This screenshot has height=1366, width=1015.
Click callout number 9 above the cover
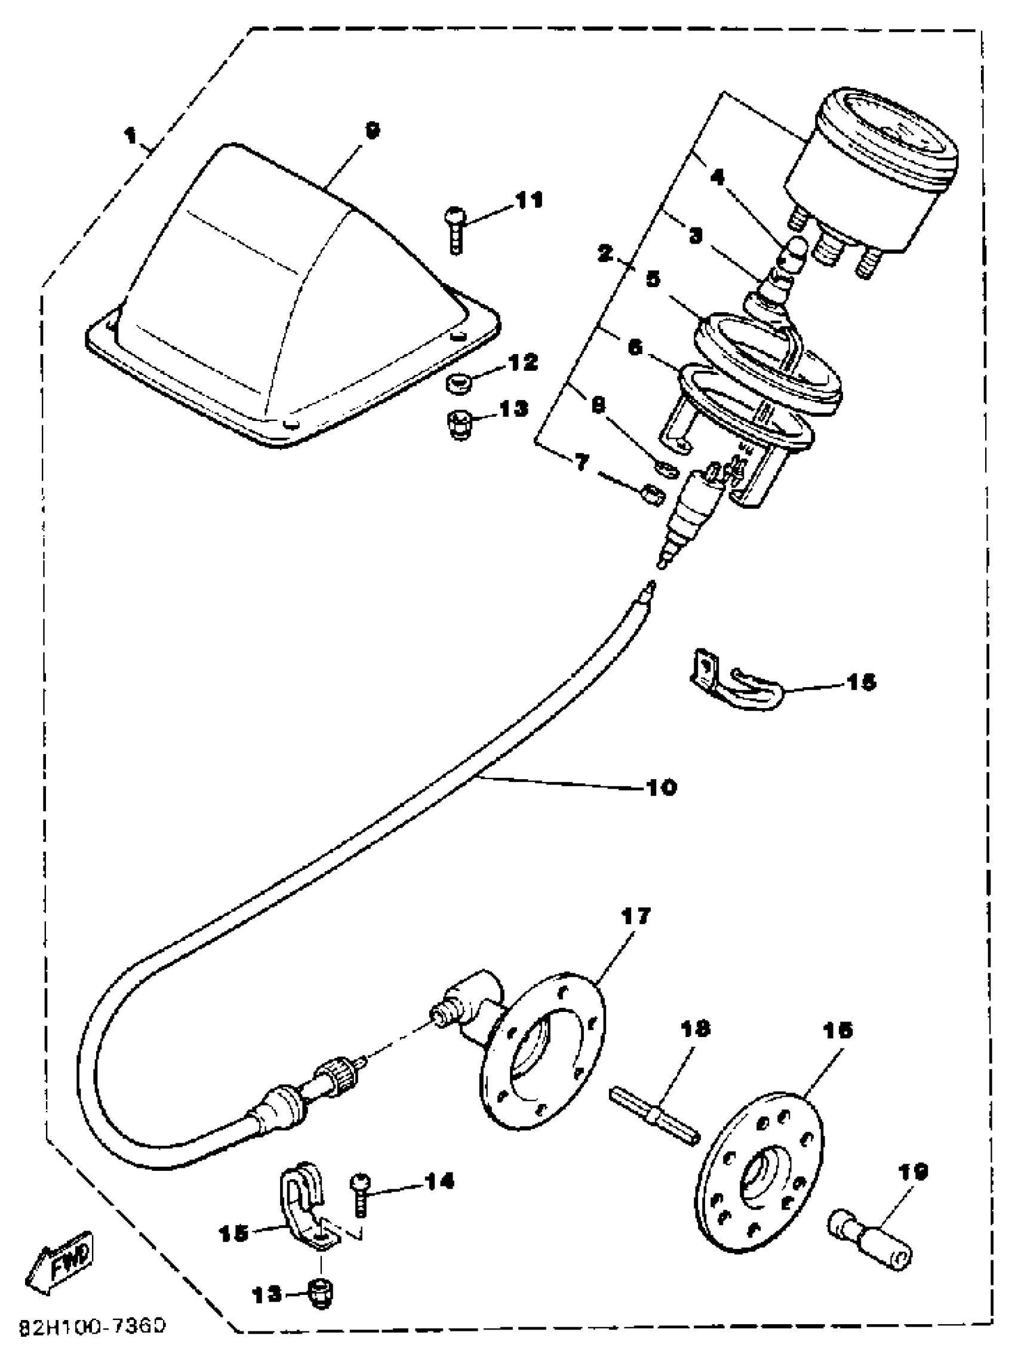373,130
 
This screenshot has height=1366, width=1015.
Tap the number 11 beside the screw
529,200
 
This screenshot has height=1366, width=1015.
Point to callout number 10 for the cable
661,787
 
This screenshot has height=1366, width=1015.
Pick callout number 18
694,1028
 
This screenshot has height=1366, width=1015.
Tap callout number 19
912,1171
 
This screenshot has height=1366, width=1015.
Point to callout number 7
581,463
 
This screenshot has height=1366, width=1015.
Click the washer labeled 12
459,386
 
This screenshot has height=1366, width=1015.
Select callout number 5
653,279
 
